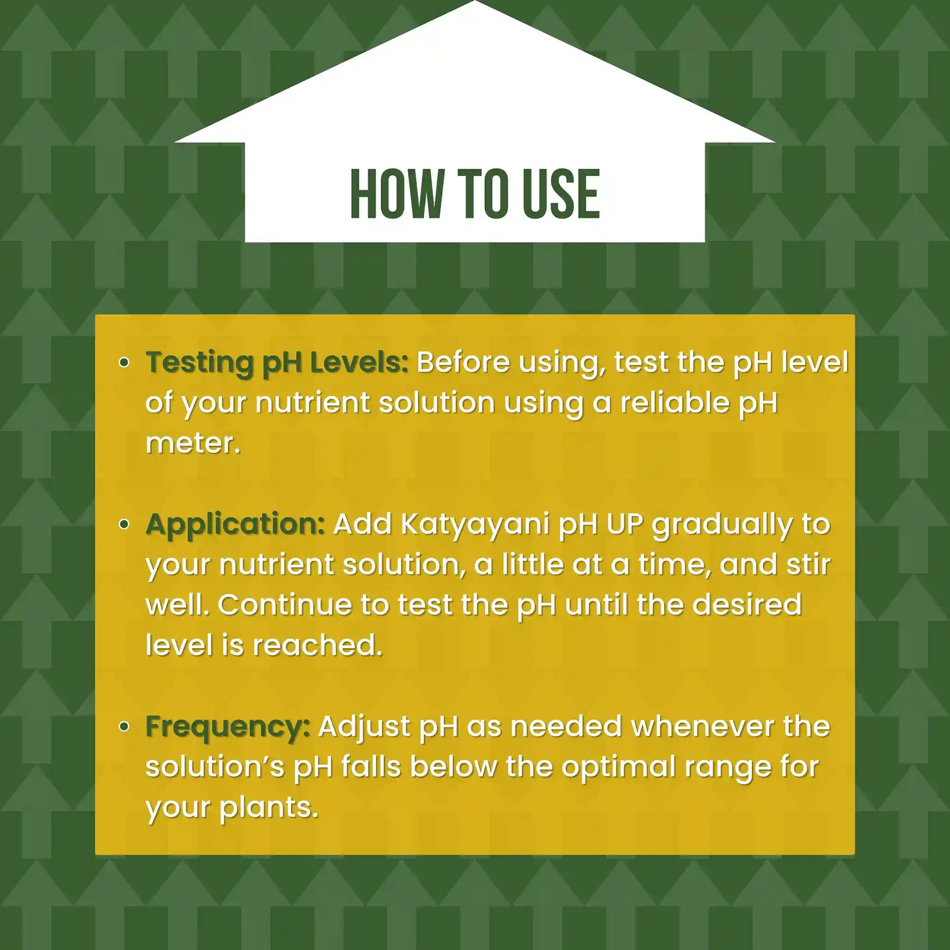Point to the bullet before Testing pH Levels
pos(125,363)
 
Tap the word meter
pos(192,444)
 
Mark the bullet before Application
pos(125,524)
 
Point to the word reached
pos(318,646)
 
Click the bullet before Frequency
pos(125,726)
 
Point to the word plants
pos(268,808)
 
